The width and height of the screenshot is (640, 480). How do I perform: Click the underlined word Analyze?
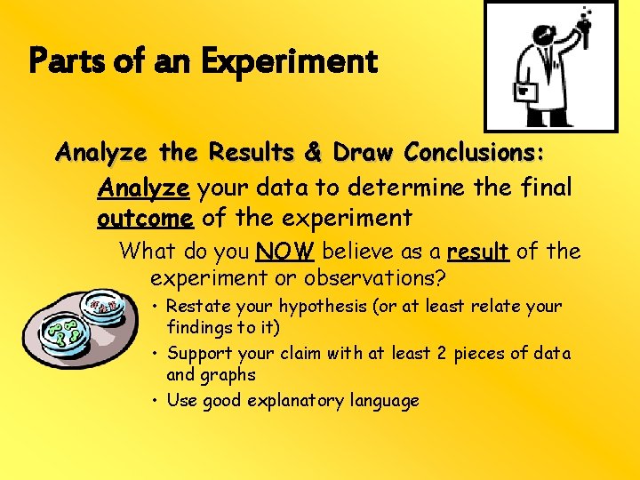pos(143,188)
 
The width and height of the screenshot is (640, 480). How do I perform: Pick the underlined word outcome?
pos(145,217)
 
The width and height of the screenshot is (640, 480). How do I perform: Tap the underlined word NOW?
pos(284,252)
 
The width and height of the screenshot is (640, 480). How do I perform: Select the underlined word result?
pos(478,252)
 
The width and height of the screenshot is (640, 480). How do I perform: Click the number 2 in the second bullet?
pos(441,353)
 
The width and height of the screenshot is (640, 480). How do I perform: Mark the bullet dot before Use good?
pos(155,401)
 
